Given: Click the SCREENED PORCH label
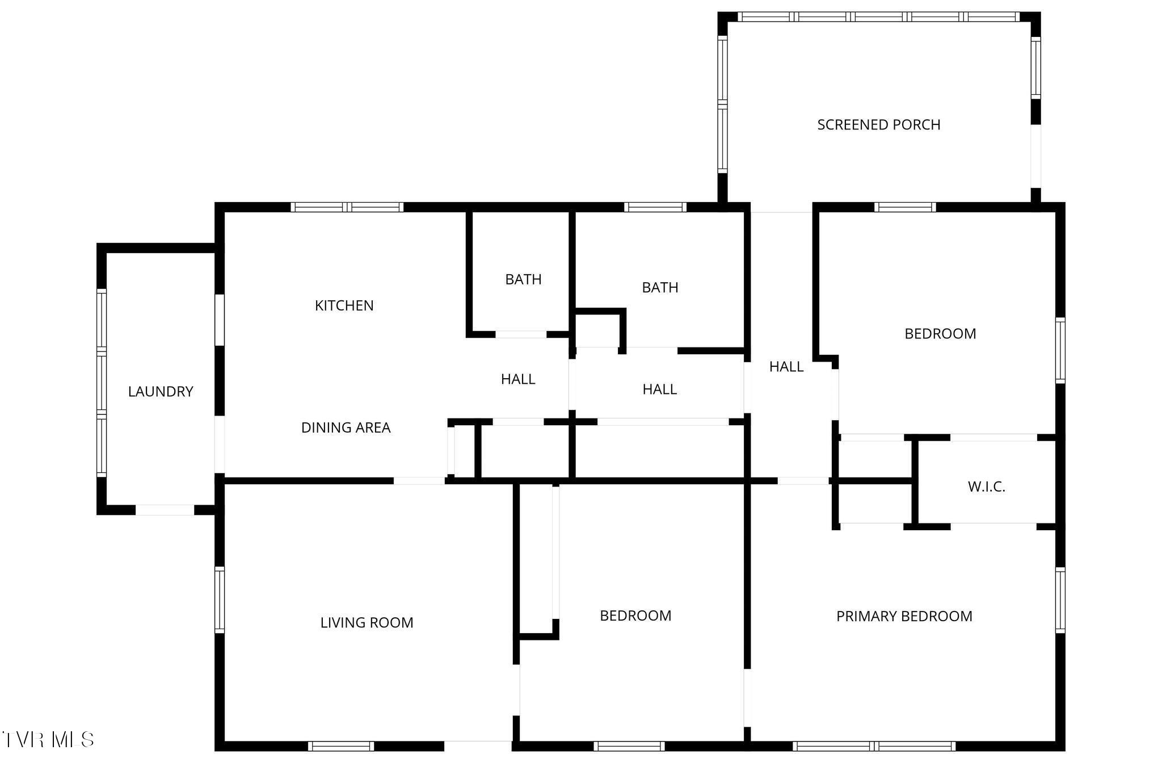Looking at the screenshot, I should tap(878, 125).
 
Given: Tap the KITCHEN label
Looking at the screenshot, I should tap(344, 305).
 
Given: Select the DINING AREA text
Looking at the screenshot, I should tap(346, 428).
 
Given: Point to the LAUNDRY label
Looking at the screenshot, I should tap(161, 392).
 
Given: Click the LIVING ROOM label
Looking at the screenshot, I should tap(367, 623).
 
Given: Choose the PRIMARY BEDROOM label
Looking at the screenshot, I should tap(904, 616).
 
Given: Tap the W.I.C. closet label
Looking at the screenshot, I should tap(986, 487).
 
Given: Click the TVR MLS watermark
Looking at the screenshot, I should tap(48, 739).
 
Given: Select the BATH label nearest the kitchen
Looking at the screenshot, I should tap(523, 279).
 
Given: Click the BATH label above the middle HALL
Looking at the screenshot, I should tap(660, 288).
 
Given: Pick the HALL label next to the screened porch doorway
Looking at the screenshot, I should tap(786, 367).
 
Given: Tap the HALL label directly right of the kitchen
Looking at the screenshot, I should tap(517, 379).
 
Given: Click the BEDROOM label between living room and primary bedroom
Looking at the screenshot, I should tap(635, 615).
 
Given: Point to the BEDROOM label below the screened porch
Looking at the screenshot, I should tap(940, 334).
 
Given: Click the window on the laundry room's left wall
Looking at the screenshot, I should tap(102, 383).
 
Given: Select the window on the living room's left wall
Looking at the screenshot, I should tap(219, 599).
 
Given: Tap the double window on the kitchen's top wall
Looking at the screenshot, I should tap(347, 207).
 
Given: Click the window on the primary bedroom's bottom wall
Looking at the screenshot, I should tap(874, 745).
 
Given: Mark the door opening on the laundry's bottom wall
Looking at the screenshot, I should tap(165, 510).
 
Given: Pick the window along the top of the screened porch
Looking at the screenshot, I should tap(879, 17).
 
